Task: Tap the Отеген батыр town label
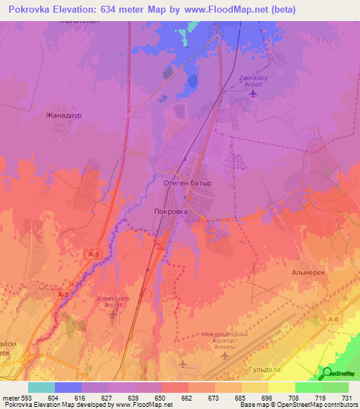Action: click(x=187, y=183)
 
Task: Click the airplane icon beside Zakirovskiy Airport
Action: click(x=254, y=94)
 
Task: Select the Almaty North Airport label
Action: click(x=112, y=302)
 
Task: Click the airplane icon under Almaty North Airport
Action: click(x=112, y=313)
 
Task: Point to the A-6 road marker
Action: click(x=333, y=318)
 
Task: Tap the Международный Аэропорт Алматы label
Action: click(x=224, y=337)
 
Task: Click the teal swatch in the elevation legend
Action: click(x=41, y=387)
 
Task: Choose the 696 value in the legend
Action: click(x=268, y=397)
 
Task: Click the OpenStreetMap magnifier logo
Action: click(x=327, y=373)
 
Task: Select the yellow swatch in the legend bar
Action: click(x=281, y=387)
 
